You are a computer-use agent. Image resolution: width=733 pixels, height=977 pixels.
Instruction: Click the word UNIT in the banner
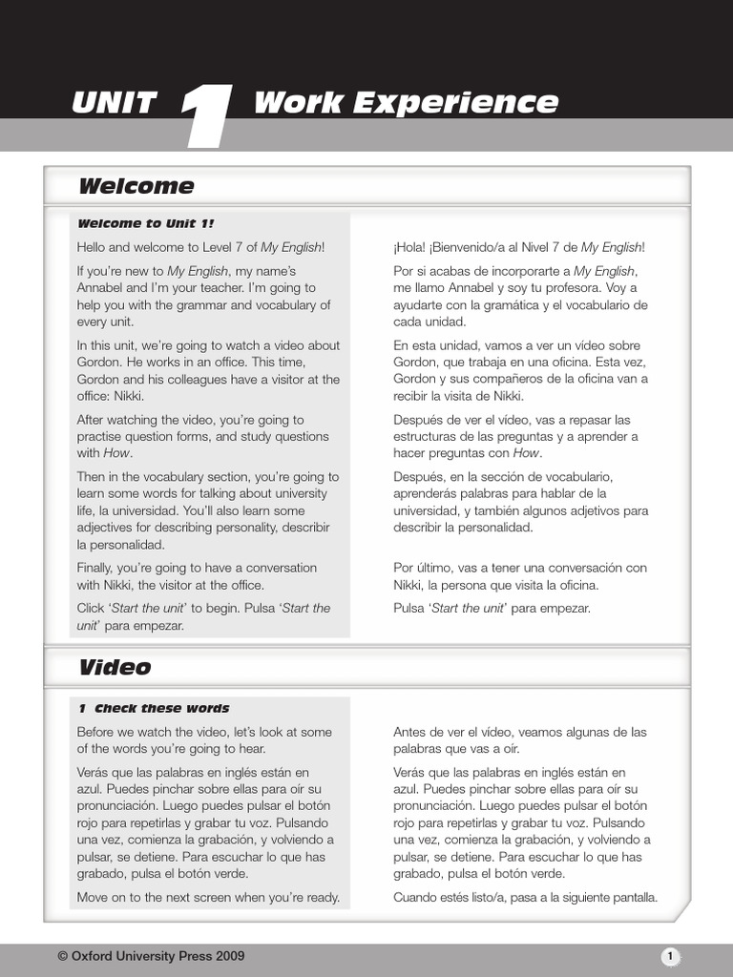(114, 103)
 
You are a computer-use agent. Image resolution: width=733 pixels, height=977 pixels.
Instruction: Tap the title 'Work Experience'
(406, 103)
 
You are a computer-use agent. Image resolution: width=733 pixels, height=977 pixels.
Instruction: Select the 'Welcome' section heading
(136, 186)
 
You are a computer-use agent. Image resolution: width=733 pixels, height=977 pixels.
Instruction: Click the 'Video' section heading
(115, 667)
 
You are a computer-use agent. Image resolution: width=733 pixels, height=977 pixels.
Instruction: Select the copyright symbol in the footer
(63, 956)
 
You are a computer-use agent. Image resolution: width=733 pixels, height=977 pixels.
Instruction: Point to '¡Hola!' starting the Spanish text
(409, 247)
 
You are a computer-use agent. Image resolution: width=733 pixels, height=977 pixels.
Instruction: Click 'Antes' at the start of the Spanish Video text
(410, 732)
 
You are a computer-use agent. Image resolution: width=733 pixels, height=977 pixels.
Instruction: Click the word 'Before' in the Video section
(97, 732)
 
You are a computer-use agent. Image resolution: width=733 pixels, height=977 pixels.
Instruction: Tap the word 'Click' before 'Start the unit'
(93, 608)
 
